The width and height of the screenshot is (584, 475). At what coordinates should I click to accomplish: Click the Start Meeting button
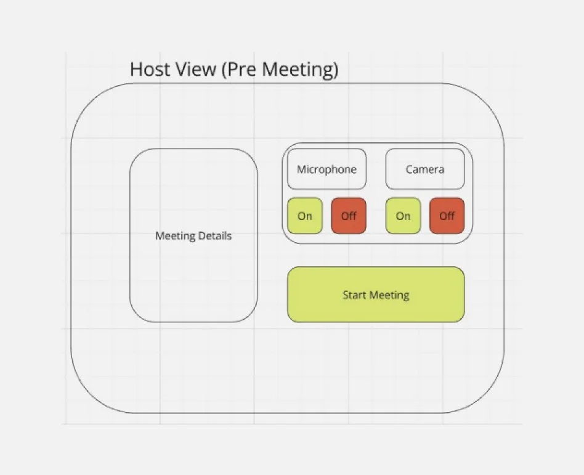coord(376,294)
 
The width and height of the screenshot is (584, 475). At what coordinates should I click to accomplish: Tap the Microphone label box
coord(326,168)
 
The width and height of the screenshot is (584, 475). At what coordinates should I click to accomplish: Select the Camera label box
coord(424,168)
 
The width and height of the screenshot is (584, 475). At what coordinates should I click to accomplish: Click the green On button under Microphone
coord(305,216)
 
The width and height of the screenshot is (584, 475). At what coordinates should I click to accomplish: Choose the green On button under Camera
coord(403,216)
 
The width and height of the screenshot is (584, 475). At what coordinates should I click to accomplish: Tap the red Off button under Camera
coord(447,216)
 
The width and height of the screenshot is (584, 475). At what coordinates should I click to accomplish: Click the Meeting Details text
coord(193,235)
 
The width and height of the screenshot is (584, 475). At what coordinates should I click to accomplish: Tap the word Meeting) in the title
coord(301,70)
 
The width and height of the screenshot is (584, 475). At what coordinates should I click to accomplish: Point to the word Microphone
coord(326,169)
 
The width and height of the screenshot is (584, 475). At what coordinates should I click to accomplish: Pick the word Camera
coord(424,169)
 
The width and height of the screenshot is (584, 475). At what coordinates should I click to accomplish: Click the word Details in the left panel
coord(215,235)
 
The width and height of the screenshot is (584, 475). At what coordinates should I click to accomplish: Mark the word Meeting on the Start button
coord(389,295)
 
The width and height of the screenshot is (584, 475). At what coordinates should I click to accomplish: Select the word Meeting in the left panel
coord(175,235)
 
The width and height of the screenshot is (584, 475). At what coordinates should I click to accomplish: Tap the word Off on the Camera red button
coord(447,216)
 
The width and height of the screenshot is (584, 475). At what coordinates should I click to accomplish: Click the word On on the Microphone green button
coord(305,216)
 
